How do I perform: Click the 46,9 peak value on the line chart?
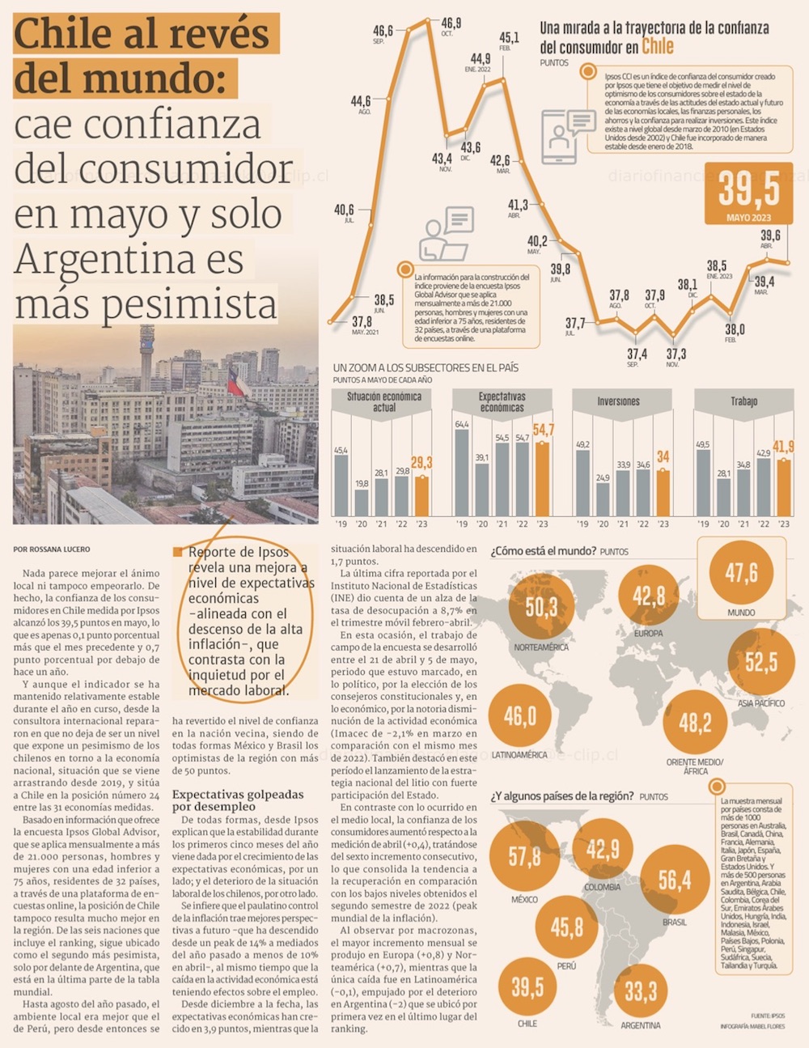pyautogui.click(x=451, y=24)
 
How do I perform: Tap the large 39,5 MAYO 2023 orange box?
pyautogui.click(x=749, y=194)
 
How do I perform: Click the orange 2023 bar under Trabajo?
pyautogui.click(x=783, y=487)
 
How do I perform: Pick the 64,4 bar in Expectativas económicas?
pyautogui.click(x=462, y=472)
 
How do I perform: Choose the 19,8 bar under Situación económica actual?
pyautogui.click(x=361, y=502)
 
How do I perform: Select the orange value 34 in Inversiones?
pyautogui.click(x=663, y=457)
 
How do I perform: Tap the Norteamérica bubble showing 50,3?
pyautogui.click(x=540, y=607)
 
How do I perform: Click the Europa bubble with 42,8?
pyautogui.click(x=648, y=596)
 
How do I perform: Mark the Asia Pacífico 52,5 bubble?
pyautogui.click(x=760, y=662)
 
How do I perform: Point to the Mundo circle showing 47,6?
pyautogui.click(x=740, y=573)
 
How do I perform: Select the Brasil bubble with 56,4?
pyautogui.click(x=674, y=880)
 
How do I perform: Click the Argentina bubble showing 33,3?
pyautogui.click(x=640, y=991)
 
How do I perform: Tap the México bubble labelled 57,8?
pyautogui.click(x=524, y=856)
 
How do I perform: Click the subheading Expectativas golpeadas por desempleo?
pyautogui.click(x=238, y=800)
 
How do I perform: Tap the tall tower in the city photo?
pyautogui.click(x=146, y=356)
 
